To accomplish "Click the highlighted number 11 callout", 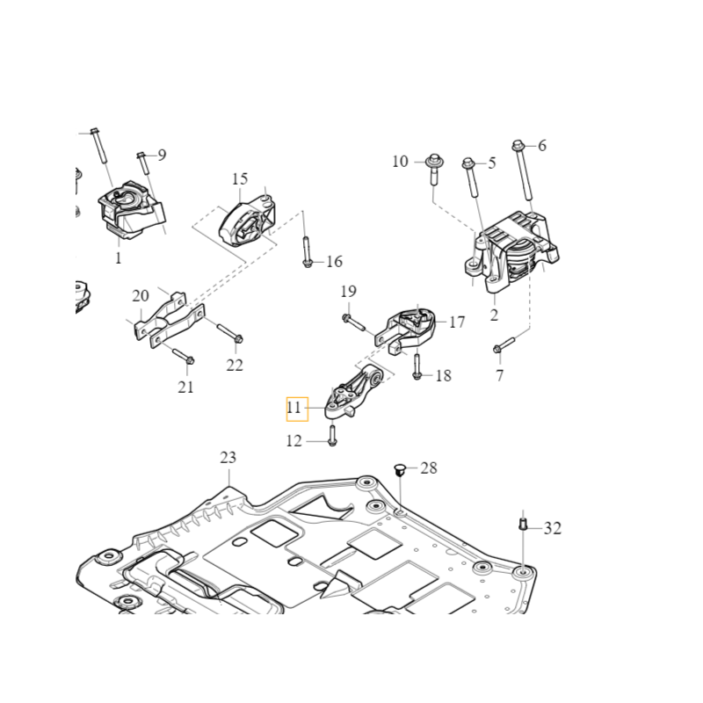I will [x=294, y=408].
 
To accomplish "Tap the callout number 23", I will [x=228, y=458].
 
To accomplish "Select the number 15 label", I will [x=240, y=179].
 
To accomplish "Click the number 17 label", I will [x=457, y=323].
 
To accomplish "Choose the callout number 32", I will [x=552, y=528].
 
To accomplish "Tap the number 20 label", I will [x=141, y=296].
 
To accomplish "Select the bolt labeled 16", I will [x=305, y=251].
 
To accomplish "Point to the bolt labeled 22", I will [x=228, y=334].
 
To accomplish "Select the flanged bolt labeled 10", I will [x=434, y=171].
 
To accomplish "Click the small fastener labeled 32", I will [x=522, y=525].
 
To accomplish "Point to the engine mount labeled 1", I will [x=127, y=212].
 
